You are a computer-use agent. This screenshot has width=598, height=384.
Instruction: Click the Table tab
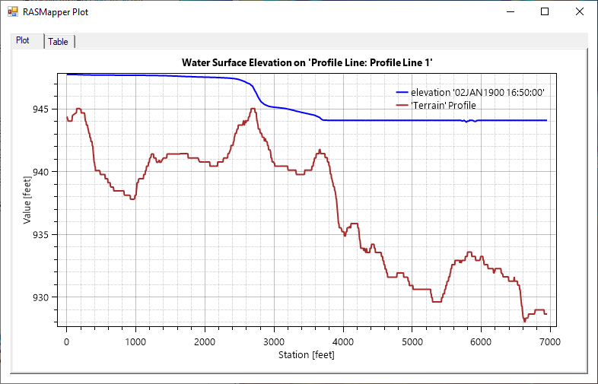click(x=59, y=42)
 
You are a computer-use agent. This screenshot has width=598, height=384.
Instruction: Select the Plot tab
click(x=23, y=40)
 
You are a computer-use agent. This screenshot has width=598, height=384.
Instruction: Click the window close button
click(x=579, y=11)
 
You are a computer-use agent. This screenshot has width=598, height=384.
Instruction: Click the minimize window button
click(x=509, y=11)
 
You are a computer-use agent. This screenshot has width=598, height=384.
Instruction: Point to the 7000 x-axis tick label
click(x=550, y=341)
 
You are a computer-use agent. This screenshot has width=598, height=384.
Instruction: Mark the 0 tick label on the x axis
click(x=66, y=341)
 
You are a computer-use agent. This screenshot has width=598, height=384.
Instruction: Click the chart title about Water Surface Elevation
click(x=312, y=62)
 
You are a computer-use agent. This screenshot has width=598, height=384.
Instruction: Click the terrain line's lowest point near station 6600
click(x=524, y=322)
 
